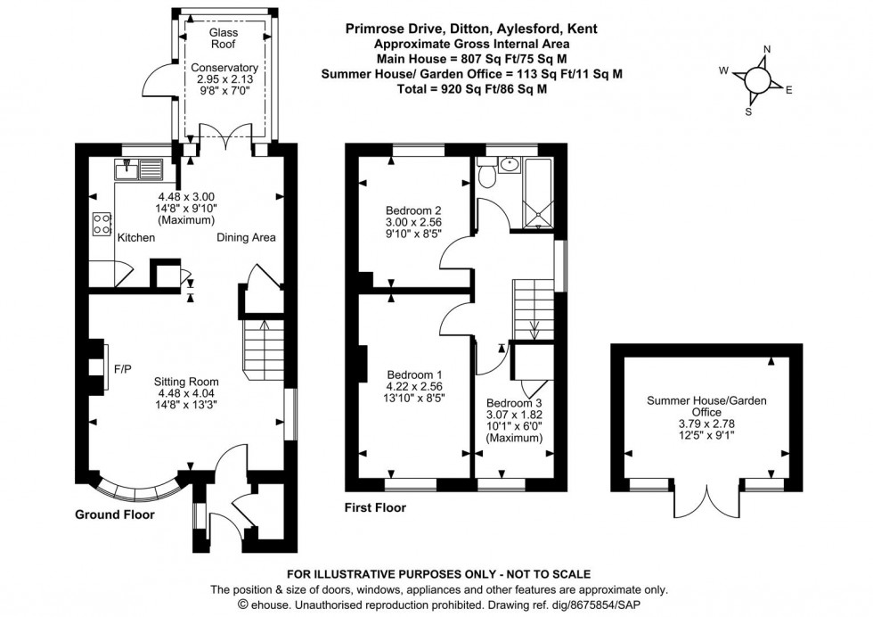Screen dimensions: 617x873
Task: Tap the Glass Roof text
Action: pos(224,37)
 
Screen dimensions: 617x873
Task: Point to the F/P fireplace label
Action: pos(122,367)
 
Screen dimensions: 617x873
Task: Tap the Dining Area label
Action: pos(246,238)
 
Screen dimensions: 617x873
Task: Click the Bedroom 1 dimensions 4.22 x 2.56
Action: pos(414,387)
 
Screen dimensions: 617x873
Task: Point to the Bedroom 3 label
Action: pos(514,402)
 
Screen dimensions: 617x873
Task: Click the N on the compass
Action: pos(768,50)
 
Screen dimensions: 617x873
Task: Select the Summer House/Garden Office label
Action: pos(706,407)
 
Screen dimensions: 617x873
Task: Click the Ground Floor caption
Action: pos(114,514)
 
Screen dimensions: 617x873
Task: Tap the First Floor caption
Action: pos(375,508)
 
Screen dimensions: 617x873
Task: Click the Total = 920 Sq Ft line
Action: pos(471,90)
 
